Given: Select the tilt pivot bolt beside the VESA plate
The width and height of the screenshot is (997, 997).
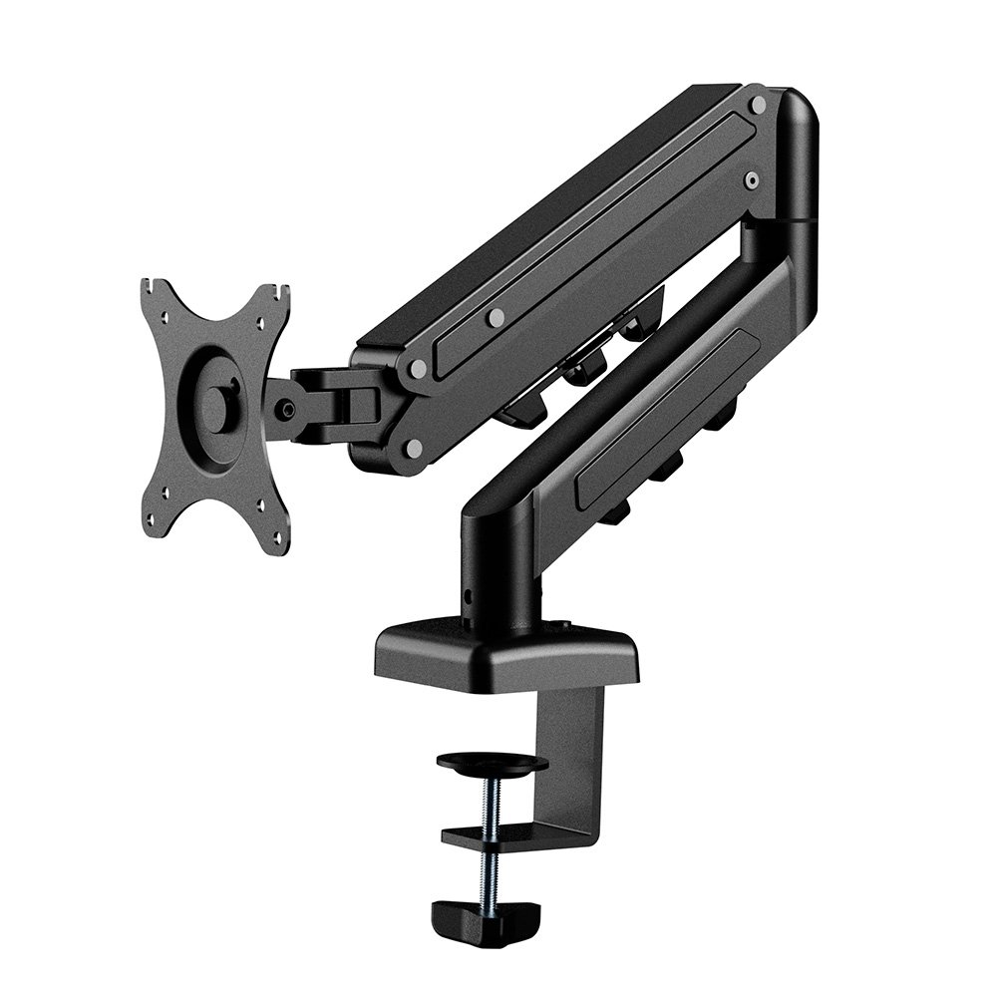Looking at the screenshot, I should tap(288, 408).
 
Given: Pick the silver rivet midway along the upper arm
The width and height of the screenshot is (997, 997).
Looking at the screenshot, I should tap(496, 317).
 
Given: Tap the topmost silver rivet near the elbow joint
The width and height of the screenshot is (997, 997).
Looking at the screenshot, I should tap(758, 104).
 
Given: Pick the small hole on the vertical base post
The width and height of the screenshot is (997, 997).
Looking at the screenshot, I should tap(469, 596).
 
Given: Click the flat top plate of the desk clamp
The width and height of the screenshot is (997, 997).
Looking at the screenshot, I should tap(505, 653).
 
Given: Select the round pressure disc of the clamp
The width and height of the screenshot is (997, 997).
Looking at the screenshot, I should tap(493, 765).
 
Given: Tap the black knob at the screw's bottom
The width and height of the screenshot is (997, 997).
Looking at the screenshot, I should tap(485, 912).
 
